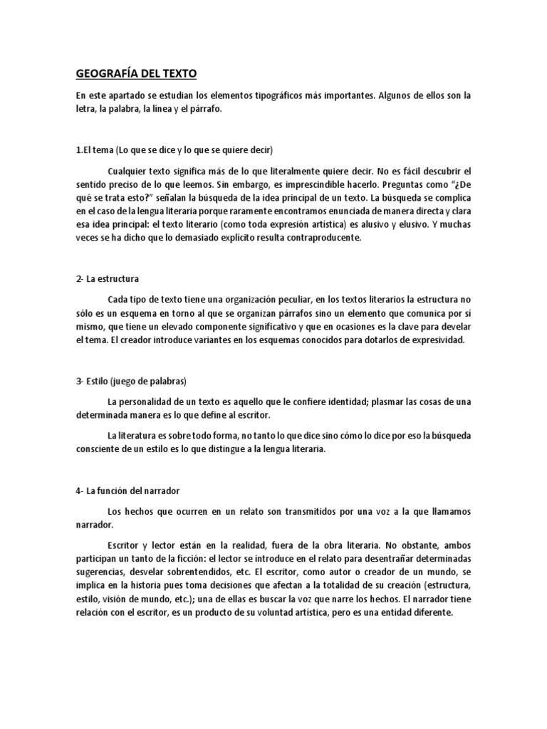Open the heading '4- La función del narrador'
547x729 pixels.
coord(127,491)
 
